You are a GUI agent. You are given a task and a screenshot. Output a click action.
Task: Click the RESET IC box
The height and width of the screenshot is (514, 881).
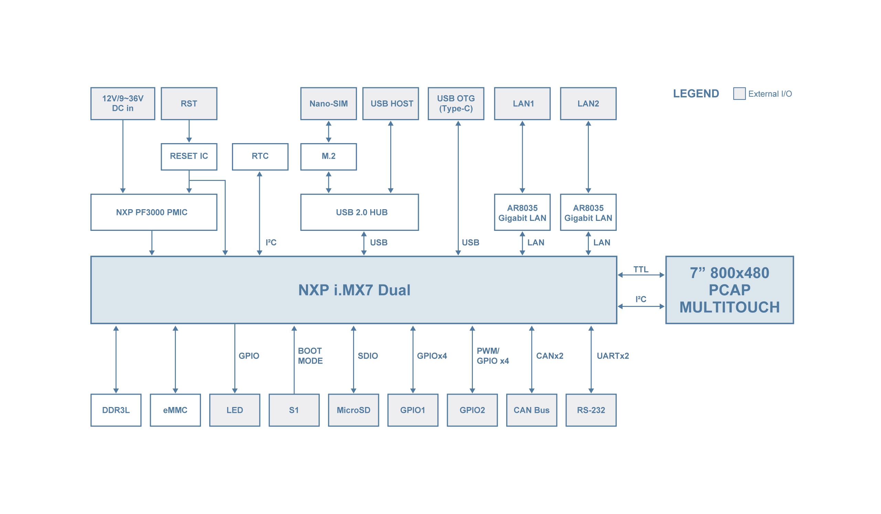[x=189, y=157]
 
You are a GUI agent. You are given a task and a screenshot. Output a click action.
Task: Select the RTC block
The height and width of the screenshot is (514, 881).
[x=260, y=157]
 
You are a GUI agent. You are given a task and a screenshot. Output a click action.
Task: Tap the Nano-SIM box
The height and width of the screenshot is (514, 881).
[x=328, y=104]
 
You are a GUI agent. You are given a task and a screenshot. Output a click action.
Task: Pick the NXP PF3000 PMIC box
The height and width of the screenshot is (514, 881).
[x=154, y=213]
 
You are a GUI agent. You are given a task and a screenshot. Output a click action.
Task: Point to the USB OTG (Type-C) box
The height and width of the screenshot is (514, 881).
[x=456, y=104]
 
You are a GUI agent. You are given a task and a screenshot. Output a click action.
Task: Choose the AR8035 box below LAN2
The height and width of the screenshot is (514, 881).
[x=588, y=213]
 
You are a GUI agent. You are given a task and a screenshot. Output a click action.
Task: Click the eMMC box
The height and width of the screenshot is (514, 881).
[x=175, y=410]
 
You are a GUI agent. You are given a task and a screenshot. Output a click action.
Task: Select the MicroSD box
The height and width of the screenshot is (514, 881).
[x=353, y=410]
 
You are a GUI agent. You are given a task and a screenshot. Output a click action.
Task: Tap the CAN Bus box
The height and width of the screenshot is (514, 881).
[x=531, y=410]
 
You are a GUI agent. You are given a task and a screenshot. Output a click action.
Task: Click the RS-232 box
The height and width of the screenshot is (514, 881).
[x=591, y=410]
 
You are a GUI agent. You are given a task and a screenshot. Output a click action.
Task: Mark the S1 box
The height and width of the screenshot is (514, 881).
[x=294, y=410]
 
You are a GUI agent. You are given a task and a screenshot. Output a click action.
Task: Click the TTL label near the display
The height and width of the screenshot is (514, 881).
[x=640, y=269]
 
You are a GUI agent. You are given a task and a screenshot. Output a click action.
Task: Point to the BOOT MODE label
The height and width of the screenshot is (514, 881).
[x=310, y=356]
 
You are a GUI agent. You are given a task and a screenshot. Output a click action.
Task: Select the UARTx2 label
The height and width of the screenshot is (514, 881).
[x=613, y=356]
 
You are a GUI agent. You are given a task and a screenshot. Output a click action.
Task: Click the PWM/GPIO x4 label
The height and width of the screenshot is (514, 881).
[x=492, y=356]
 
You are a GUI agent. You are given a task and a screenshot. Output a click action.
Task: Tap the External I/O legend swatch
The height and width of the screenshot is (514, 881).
[x=739, y=94]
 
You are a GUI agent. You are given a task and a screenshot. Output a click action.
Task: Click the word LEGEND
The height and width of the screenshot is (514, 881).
[x=696, y=94]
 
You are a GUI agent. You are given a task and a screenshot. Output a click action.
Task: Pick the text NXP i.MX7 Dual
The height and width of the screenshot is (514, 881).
[x=354, y=290]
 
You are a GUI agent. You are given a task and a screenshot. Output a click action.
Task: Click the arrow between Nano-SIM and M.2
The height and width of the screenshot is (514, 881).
[x=328, y=132]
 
